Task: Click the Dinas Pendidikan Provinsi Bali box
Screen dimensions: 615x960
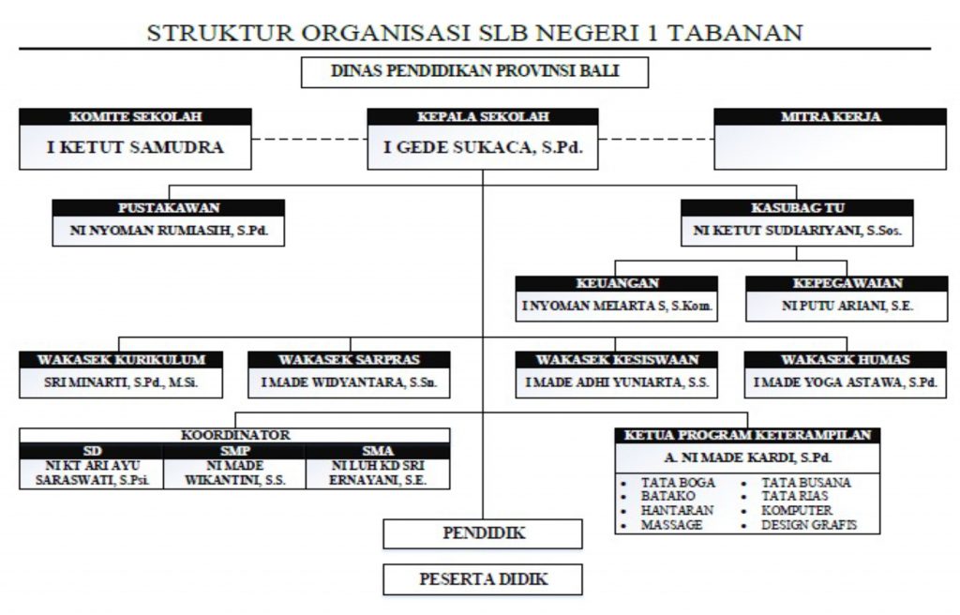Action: coord(474,72)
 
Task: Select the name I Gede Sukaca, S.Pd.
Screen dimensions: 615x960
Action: coord(482,147)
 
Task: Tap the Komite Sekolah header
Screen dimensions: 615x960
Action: coord(136,117)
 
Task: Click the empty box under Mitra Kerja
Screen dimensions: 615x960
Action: coord(830,147)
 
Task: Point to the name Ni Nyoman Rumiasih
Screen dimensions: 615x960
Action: coord(168,230)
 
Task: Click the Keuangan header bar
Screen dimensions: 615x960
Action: coord(617,283)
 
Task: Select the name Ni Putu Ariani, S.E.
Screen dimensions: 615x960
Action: coord(847,306)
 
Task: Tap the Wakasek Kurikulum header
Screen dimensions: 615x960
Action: coord(121,359)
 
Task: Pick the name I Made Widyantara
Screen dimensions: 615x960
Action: coord(349,382)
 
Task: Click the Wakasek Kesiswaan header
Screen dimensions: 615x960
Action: coord(617,359)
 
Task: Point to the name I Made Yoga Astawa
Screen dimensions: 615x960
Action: coord(846,382)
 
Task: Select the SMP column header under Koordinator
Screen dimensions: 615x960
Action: coord(234,450)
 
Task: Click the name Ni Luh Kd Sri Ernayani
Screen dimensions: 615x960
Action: coord(377,472)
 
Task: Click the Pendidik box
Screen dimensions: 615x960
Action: coord(483,533)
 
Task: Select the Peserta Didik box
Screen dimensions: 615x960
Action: coord(483,579)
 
